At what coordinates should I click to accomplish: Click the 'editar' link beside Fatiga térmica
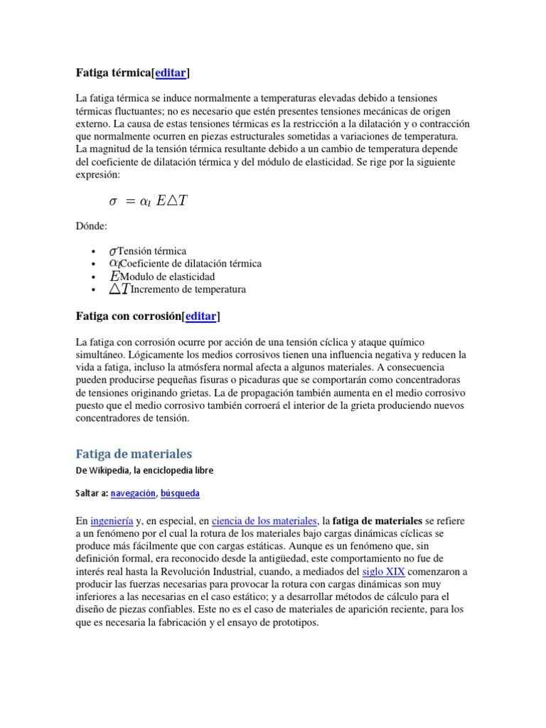171,73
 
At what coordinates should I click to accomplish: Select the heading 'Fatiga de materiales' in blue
134,454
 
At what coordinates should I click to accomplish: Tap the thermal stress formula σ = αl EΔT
148,201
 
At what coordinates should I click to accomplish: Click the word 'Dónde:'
92,225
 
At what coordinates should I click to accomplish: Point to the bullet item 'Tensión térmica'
151,251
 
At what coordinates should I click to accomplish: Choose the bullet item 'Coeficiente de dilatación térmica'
191,264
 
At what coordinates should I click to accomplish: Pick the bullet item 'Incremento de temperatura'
188,289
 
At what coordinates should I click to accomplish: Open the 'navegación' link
134,493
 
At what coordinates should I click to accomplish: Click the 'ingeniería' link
111,521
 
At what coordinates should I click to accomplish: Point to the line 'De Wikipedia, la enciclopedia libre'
144,471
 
